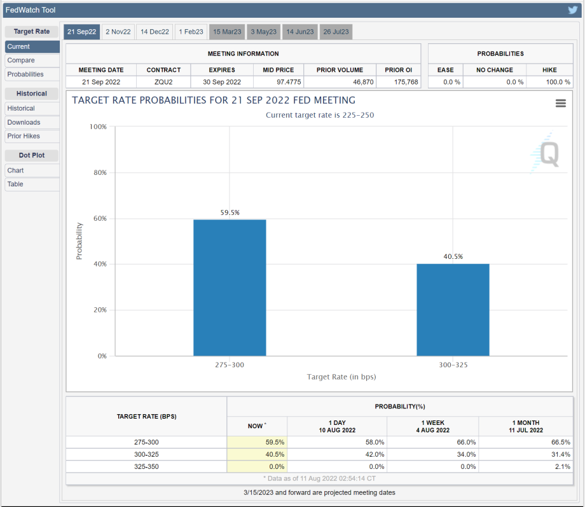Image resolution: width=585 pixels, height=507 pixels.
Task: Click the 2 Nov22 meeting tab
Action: (118, 32)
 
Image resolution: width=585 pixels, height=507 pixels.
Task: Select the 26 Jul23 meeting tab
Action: (336, 32)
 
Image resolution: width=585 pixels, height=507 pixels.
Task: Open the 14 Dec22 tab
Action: (155, 32)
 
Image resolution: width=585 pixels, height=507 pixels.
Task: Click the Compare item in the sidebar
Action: (21, 60)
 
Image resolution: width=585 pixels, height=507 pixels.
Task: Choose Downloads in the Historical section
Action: (24, 122)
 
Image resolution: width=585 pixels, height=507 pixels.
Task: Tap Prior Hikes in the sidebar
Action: (24, 136)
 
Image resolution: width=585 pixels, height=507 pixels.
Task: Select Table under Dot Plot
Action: (15, 184)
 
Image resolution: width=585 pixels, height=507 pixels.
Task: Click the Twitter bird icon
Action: (573, 10)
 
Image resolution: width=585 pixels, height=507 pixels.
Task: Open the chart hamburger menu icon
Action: (560, 103)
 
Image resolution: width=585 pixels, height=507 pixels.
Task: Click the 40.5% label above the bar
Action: (453, 256)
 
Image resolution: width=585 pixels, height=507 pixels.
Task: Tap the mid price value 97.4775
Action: (278, 82)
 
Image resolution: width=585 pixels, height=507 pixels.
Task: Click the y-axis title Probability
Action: (79, 240)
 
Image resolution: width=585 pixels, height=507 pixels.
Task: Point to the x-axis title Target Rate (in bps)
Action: (341, 377)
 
